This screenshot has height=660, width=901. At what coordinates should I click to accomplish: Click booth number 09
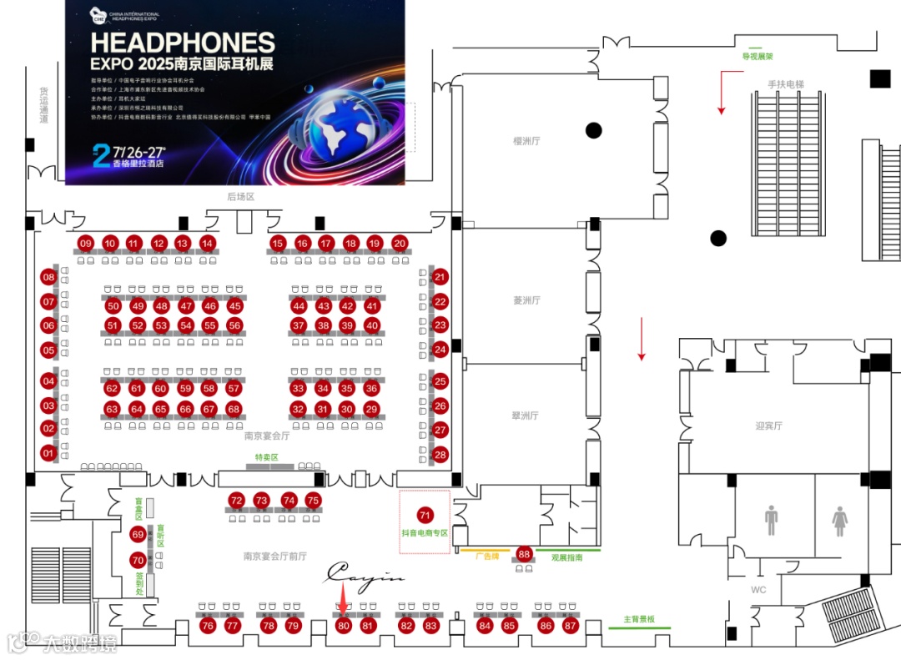click(x=85, y=244)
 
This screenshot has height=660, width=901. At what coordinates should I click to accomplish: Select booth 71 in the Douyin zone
click(x=425, y=515)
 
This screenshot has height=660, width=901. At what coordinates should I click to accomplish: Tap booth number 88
click(x=524, y=553)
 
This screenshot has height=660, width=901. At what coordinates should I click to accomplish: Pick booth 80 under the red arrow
click(x=344, y=625)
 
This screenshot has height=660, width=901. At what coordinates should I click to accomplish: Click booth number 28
click(x=440, y=455)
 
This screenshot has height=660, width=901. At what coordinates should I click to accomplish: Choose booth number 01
click(x=48, y=453)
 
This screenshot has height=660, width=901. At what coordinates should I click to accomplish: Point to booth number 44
click(x=299, y=306)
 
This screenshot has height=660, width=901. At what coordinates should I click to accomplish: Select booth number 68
click(x=234, y=410)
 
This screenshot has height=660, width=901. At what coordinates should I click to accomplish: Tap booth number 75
click(x=313, y=501)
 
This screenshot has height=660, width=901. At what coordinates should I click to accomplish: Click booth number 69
click(x=138, y=534)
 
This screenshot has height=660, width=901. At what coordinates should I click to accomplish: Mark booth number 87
click(x=571, y=625)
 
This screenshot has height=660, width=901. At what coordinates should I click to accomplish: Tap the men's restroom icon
click(x=771, y=520)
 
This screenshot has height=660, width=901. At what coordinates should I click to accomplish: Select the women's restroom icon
click(x=839, y=520)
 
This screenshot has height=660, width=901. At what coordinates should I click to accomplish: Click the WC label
click(x=758, y=590)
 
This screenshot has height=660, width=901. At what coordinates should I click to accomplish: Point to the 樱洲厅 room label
click(x=526, y=141)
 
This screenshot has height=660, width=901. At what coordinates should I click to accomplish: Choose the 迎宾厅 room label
click(x=768, y=426)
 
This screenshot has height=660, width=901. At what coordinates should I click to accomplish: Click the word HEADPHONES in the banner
click(x=183, y=43)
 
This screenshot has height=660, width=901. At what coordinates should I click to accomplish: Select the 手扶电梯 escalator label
click(x=787, y=84)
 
